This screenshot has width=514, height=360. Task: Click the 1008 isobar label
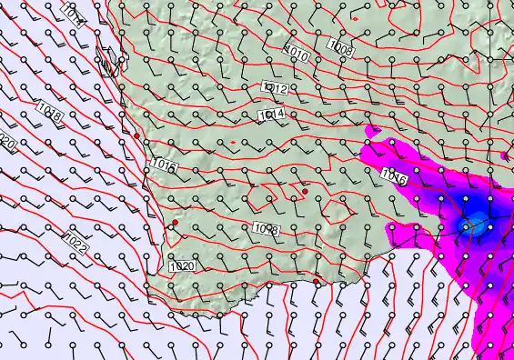[341, 48]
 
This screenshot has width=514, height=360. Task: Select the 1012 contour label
[275, 88]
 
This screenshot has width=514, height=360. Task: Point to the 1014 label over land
[272, 115]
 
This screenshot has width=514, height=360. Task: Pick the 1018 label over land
[267, 228]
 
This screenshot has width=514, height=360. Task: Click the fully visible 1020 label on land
[183, 266]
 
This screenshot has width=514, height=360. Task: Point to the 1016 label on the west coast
[165, 165]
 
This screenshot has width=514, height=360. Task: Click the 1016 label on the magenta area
[394, 175]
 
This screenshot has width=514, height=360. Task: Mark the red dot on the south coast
[317, 282]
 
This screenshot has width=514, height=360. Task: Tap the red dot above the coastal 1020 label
[176, 222]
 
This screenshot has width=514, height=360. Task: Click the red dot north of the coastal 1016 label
[137, 135]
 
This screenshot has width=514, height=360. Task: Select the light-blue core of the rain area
[469, 225]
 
